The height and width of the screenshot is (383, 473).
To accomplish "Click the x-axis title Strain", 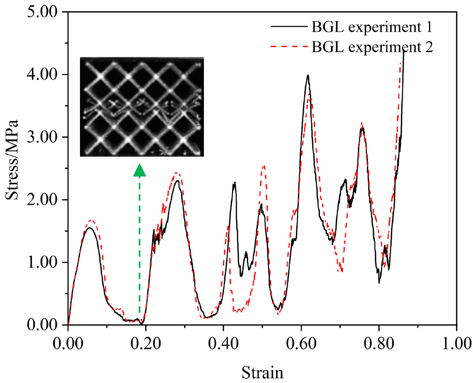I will pos(262,371).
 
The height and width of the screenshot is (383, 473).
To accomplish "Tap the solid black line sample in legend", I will pos(289,27).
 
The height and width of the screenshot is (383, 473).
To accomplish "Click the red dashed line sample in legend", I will pos(289,47).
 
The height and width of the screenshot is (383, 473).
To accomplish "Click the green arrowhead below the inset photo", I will pos(140,170).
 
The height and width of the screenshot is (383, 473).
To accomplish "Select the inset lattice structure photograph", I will pos(141,107).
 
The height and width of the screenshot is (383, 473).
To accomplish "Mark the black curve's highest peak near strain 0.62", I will pos(307,75).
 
